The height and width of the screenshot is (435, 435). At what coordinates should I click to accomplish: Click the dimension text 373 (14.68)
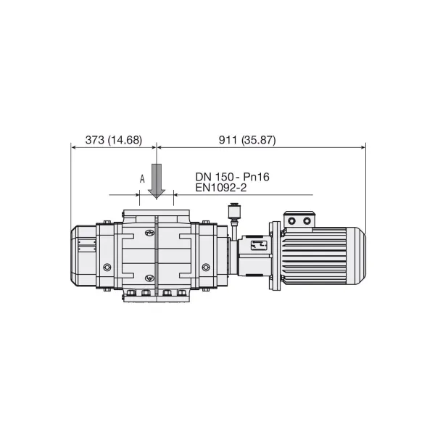tap(114, 140)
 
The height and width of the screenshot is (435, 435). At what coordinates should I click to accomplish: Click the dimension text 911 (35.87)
tap(247, 140)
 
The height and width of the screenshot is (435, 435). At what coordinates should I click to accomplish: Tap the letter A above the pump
tap(142, 179)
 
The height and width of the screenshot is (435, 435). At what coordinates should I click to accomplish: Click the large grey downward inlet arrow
tap(157, 181)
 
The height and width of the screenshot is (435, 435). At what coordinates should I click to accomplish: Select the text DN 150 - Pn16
tap(232, 177)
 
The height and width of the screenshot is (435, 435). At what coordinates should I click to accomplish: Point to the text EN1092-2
tap(221, 188)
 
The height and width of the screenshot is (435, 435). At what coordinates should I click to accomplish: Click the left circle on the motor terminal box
tap(291, 221)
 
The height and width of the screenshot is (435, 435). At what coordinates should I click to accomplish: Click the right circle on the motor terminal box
tap(307, 221)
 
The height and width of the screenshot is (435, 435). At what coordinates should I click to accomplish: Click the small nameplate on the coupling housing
tap(259, 245)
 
